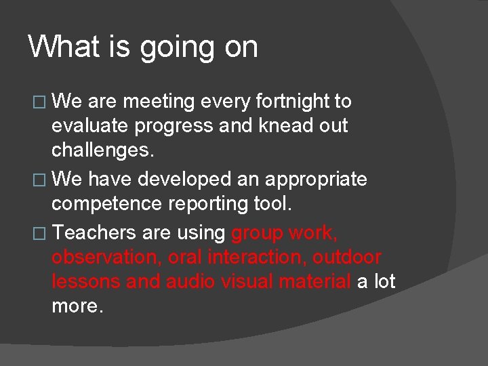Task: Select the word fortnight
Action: coord(293,102)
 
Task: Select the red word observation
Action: coord(105,258)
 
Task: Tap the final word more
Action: coord(77,306)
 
